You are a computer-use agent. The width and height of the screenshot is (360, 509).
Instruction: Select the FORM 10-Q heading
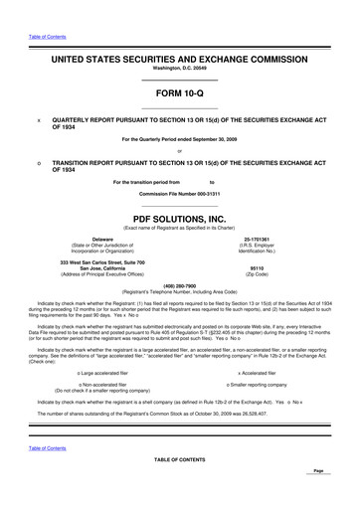pyautogui.click(x=179, y=90)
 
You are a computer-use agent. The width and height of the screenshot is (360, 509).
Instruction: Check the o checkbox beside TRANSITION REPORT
pyautogui.click(x=37, y=161)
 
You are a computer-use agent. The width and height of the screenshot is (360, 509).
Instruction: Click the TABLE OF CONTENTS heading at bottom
pyautogui.click(x=179, y=459)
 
